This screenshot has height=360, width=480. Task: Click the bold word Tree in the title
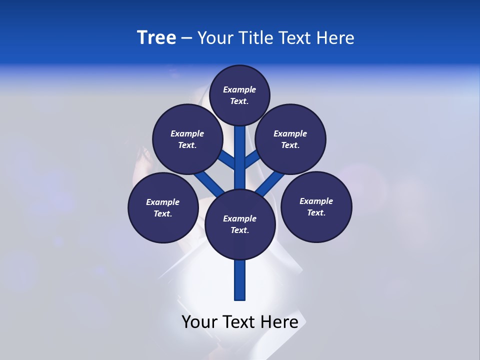156,37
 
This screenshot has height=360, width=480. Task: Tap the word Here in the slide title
336,37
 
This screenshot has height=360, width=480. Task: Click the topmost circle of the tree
239,95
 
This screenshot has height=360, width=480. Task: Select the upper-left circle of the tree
187,139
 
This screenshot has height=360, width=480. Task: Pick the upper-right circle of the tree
290,139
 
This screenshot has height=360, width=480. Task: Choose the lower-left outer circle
163,207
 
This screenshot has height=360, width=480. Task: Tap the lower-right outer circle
316,206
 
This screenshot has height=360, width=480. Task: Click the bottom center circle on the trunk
240,224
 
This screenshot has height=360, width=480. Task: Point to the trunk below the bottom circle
240,280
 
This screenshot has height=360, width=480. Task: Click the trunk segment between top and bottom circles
240,157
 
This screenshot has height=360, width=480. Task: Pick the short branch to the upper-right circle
252,159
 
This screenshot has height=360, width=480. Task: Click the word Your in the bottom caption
199,322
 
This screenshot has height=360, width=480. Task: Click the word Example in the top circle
239,89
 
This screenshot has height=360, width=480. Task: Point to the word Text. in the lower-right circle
316,212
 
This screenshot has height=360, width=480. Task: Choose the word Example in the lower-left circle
162,202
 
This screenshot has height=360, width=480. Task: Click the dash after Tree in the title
186,38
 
